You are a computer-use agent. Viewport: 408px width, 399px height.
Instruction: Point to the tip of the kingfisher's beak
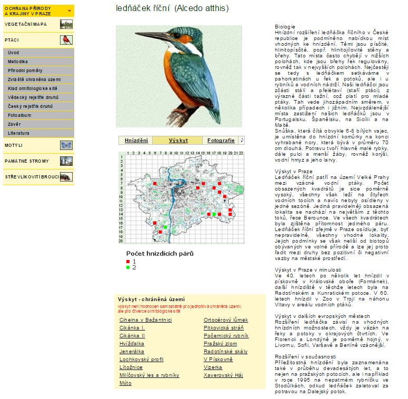click(x=136, y=33)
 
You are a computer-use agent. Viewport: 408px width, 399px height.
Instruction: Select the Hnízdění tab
click(x=136, y=141)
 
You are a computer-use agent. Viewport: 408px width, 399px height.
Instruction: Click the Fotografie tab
click(x=221, y=141)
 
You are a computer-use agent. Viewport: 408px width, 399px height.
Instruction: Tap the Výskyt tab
click(x=178, y=141)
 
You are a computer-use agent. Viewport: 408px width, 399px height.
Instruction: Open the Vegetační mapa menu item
click(x=26, y=24)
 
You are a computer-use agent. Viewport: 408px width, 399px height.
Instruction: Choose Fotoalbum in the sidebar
click(x=19, y=115)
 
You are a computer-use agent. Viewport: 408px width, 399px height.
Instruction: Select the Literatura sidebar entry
click(x=18, y=133)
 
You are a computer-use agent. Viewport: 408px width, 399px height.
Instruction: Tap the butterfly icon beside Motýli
click(x=66, y=145)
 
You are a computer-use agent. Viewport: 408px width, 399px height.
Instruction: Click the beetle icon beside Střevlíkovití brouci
click(x=66, y=177)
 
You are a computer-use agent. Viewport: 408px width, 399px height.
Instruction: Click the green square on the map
click(x=165, y=227)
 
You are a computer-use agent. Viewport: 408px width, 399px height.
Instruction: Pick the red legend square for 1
click(x=128, y=261)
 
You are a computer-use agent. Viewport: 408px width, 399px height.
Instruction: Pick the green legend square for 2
click(x=128, y=267)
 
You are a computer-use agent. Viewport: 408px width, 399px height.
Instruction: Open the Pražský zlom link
click(x=220, y=344)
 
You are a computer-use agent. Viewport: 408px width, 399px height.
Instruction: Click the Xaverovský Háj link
click(x=223, y=375)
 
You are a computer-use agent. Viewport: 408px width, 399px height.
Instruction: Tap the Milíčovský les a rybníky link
click(x=149, y=375)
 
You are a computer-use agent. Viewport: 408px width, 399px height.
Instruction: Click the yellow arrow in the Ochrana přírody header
click(x=69, y=11)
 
